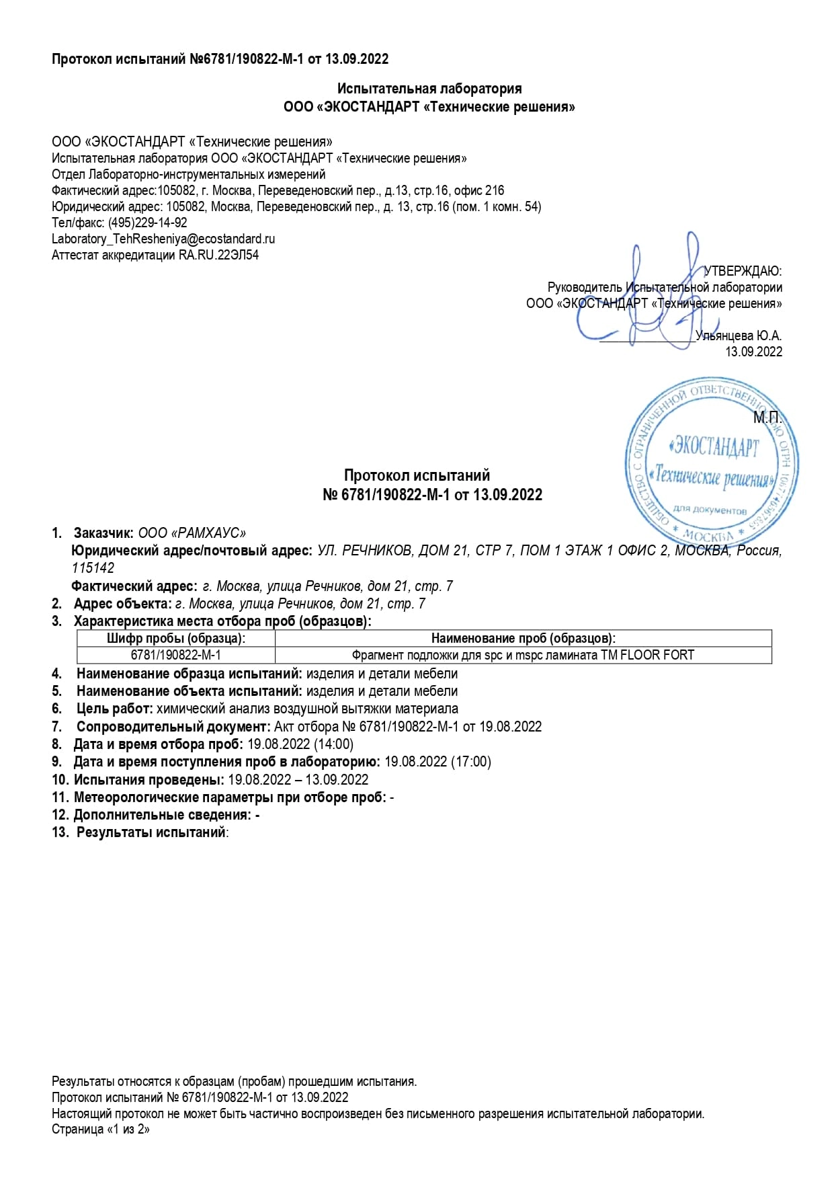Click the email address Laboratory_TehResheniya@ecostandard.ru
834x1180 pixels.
[x=163, y=239]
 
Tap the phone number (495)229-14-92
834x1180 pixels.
[x=147, y=223]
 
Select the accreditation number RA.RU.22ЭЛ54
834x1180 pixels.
[x=218, y=255]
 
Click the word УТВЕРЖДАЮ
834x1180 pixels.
[x=743, y=272]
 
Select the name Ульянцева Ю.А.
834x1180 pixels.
[x=739, y=336]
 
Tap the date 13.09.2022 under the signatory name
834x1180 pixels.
[x=753, y=352]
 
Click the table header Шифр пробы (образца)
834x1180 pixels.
[x=176, y=639]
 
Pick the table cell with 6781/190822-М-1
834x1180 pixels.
[x=176, y=655]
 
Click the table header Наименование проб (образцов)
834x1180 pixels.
[x=523, y=639]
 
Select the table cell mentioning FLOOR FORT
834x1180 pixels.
[x=523, y=655]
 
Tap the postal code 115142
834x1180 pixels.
[x=93, y=568]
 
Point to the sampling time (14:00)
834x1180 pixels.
[x=333, y=744]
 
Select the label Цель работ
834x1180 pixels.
[x=114, y=709]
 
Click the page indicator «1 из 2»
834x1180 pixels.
[x=128, y=1130]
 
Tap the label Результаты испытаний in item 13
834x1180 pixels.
[x=151, y=832]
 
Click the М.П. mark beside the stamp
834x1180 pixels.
[x=767, y=418]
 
